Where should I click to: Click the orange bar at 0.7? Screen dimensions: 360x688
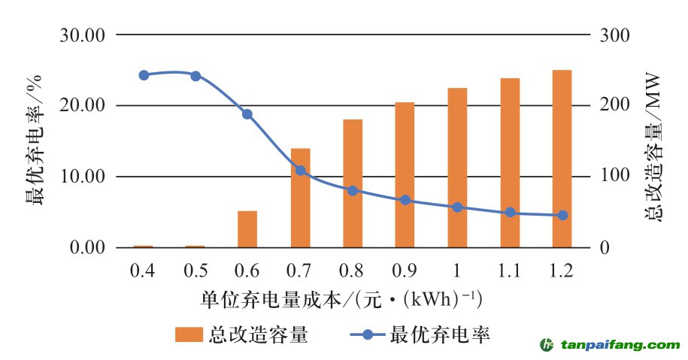pos(300,198)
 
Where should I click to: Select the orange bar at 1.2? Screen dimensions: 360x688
pos(562,159)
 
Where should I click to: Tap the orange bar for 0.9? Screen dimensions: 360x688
pos(405,175)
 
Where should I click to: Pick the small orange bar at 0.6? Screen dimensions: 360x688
pos(247,229)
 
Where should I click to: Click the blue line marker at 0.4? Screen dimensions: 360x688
pos(144,75)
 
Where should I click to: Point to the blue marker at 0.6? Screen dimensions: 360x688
pos(247,114)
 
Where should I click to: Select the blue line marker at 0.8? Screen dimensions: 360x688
pos(353,191)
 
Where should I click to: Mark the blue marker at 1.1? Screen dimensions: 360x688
pos(510,213)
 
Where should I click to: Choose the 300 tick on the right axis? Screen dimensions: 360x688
pos(612,35)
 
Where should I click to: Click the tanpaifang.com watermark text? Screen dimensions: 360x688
pos(617,345)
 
